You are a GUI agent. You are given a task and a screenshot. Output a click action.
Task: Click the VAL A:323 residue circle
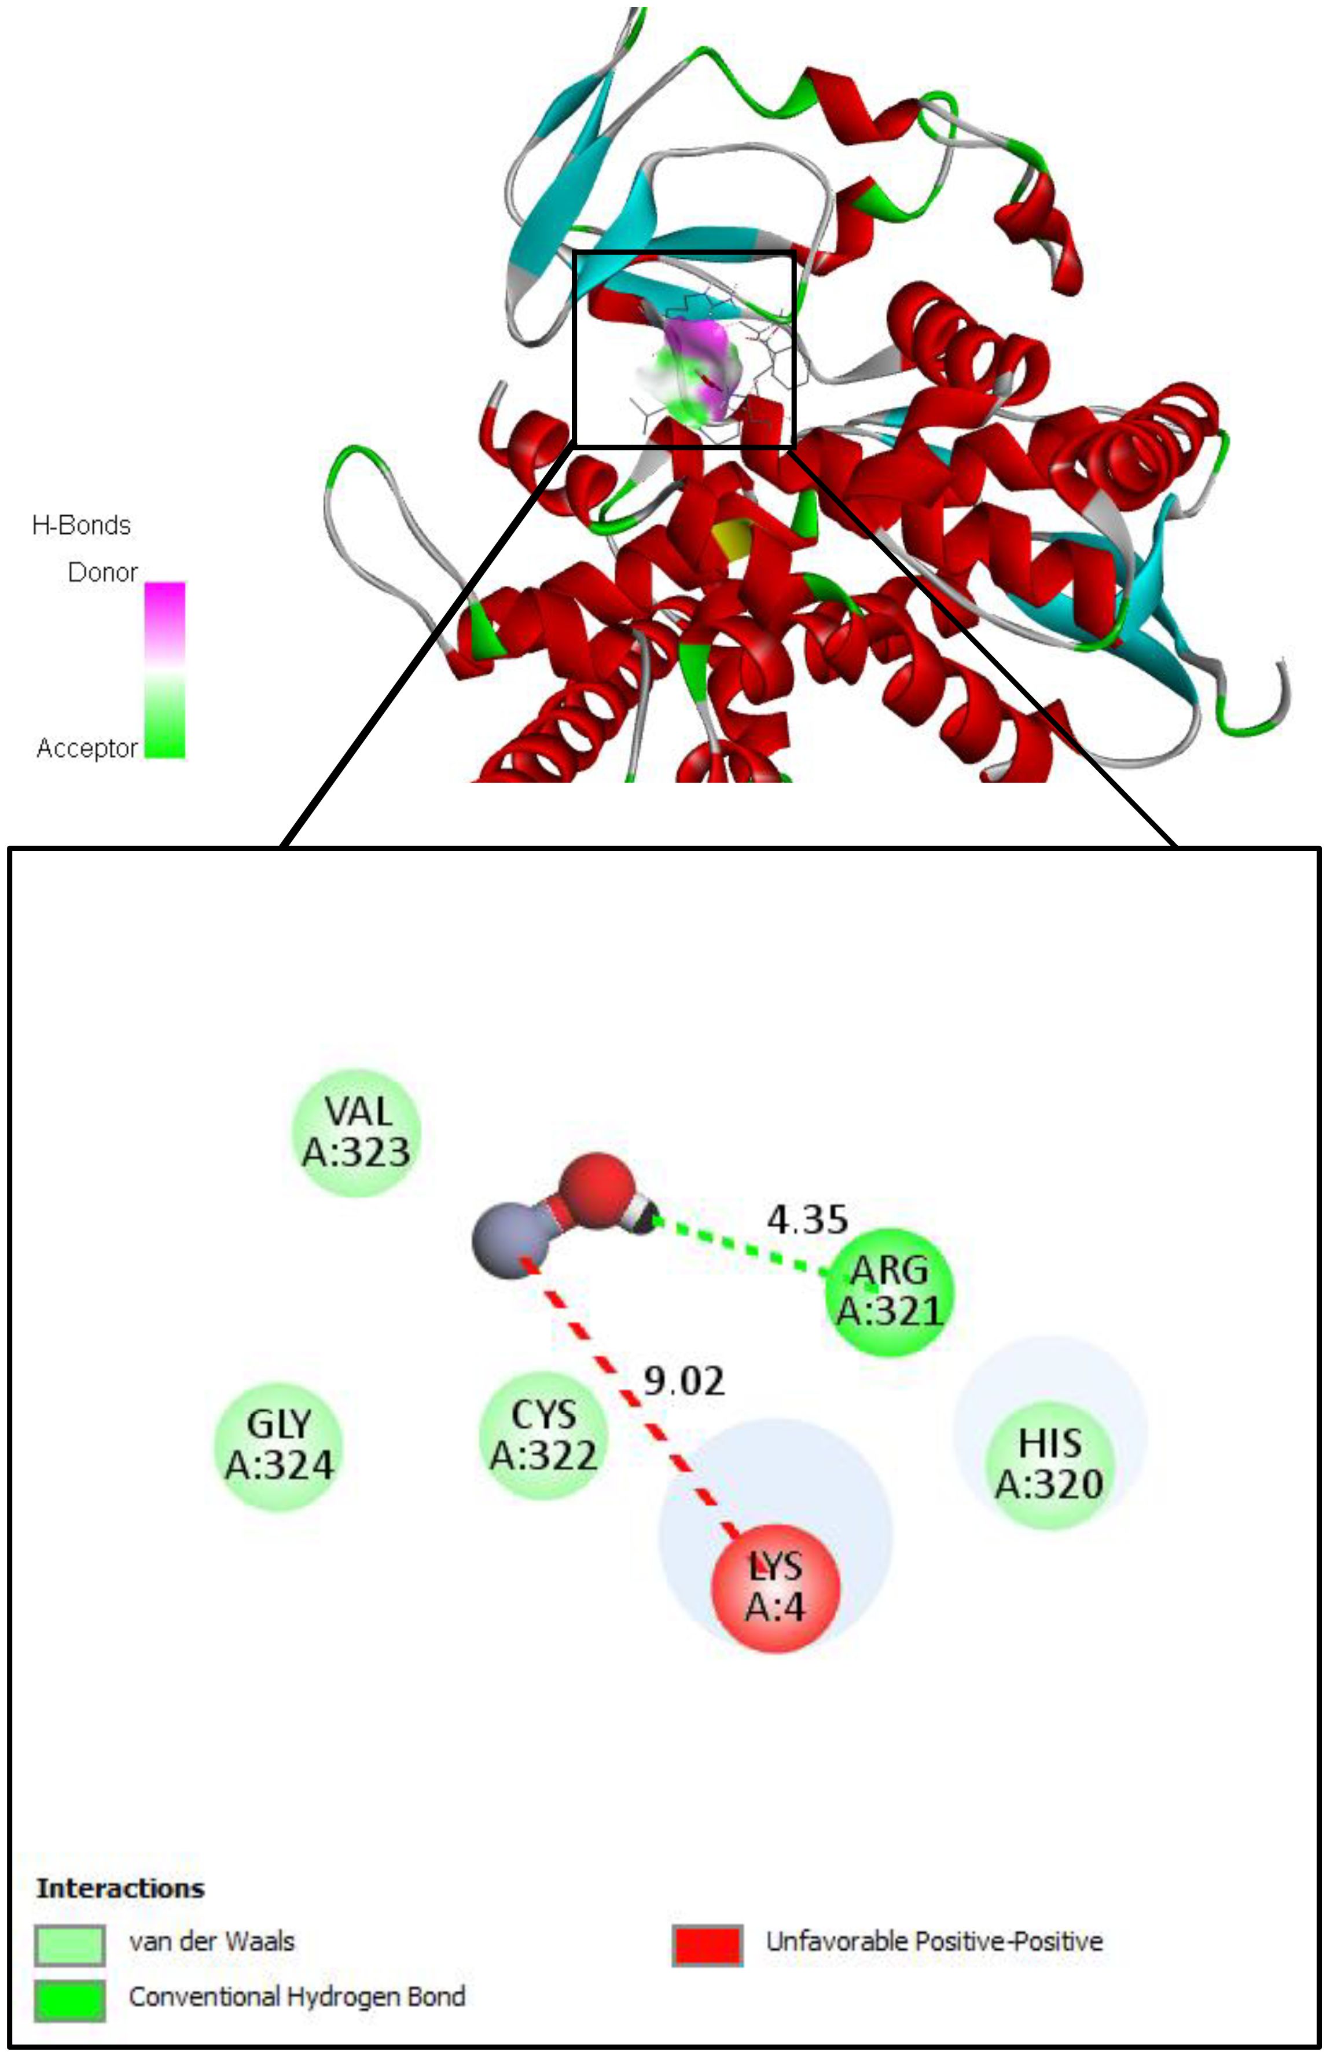click(357, 1132)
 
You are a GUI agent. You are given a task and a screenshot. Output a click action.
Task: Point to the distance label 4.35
click(807, 1219)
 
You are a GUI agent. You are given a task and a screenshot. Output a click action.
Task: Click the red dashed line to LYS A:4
click(630, 1399)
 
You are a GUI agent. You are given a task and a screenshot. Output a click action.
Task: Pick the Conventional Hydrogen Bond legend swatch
click(70, 2000)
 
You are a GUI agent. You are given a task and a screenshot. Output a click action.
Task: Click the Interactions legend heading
click(120, 1888)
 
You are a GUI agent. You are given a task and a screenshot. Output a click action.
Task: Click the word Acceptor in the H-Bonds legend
click(86, 748)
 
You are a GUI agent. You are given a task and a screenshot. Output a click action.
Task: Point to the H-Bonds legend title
click(81, 525)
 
